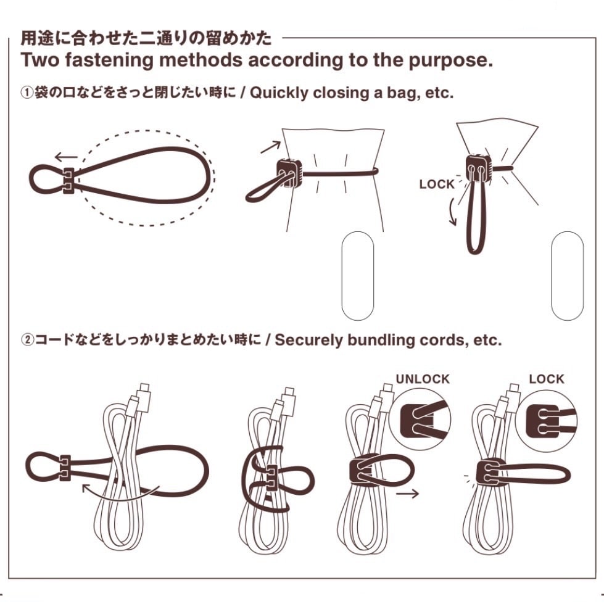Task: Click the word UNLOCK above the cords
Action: click(x=423, y=379)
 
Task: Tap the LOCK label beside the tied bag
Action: click(x=437, y=184)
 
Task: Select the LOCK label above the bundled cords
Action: click(x=546, y=379)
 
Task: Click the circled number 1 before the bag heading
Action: click(x=27, y=93)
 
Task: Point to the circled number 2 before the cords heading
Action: click(x=27, y=340)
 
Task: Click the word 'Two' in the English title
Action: click(x=40, y=60)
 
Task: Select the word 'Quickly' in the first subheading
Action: click(x=279, y=94)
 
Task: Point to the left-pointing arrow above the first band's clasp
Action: click(x=66, y=157)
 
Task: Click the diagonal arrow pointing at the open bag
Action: click(x=270, y=147)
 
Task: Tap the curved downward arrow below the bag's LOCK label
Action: click(x=452, y=211)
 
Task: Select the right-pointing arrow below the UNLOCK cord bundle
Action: click(x=407, y=494)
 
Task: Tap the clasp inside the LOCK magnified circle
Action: click(x=542, y=421)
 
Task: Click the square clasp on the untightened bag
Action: click(x=289, y=173)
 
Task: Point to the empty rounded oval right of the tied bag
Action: click(x=568, y=276)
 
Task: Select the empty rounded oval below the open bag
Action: click(x=358, y=276)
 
